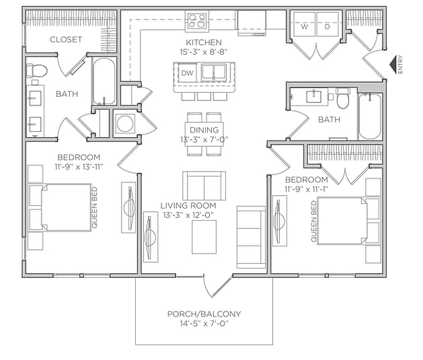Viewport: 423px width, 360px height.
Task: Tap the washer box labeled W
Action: click(x=304, y=28)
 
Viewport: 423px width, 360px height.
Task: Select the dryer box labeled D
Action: click(x=328, y=28)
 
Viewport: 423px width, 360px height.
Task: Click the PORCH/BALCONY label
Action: click(x=204, y=314)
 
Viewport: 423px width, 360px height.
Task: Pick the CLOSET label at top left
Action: click(x=66, y=40)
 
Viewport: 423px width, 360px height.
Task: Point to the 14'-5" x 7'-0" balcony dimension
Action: click(x=204, y=324)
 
